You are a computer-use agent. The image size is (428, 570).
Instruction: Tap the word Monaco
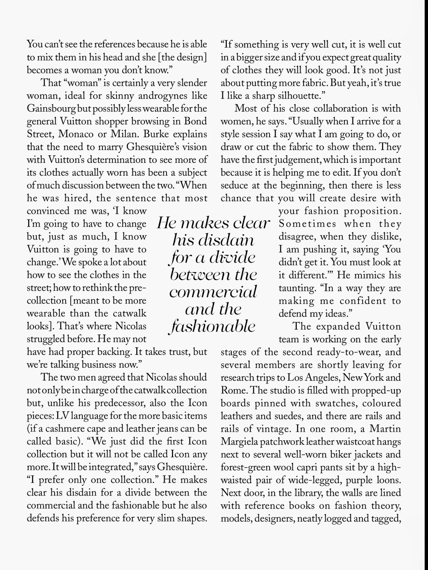[x=78, y=134]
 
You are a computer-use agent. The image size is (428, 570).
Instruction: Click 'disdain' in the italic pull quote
[x=213, y=240]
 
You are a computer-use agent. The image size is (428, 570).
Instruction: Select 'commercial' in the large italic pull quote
[x=213, y=292]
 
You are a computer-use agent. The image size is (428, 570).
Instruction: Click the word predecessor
[x=119, y=403]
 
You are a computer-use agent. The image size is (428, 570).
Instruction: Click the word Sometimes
[x=307, y=224]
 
